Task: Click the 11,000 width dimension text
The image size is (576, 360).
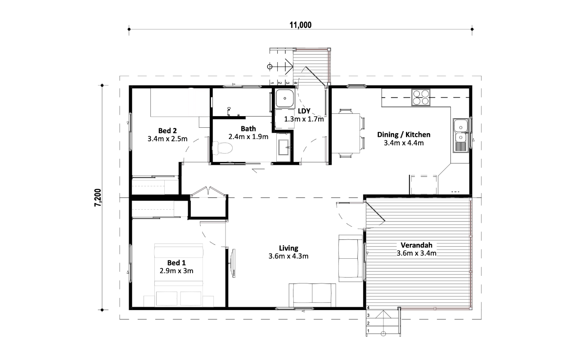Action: coord(300,25)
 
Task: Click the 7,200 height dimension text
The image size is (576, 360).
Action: coord(98,198)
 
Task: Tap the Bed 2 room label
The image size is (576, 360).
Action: coord(167,130)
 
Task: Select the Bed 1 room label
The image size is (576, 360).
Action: coord(176,262)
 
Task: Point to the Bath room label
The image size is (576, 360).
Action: coord(248,128)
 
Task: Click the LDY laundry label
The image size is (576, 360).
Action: coord(304,111)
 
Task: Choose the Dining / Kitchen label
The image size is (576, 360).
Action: coord(404,135)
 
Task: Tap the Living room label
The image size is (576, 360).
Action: coord(288,248)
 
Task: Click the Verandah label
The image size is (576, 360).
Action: coord(416,245)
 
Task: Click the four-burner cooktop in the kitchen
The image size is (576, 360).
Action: coord(421,97)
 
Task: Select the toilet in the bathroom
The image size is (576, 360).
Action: coord(222,148)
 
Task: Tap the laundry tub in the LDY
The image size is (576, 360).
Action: coord(284,98)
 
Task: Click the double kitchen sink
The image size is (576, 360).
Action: coord(461,135)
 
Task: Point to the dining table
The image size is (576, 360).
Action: coord(346,133)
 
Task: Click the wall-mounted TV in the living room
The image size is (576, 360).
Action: coord(233,263)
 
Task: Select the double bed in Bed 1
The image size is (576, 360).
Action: coord(179,275)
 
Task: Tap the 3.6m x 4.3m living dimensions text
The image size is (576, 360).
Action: coord(288,256)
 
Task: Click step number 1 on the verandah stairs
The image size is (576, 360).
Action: coord(368,331)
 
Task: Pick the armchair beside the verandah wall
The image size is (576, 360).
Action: coord(351,258)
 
